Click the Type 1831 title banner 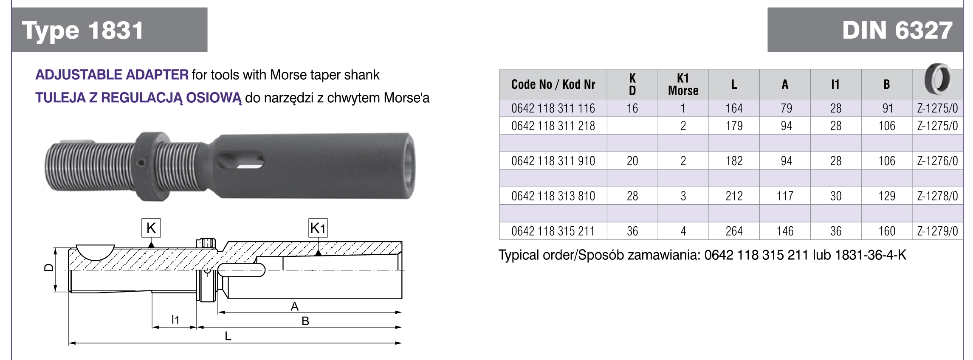(x=109, y=30)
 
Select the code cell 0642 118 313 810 (x=553, y=196)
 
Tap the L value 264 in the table (x=734, y=231)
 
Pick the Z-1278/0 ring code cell (x=937, y=196)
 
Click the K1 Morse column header (x=683, y=84)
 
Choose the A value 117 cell (x=785, y=196)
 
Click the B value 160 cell (x=886, y=231)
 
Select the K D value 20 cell (x=632, y=161)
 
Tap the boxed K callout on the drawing (x=151, y=228)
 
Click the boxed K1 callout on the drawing (x=318, y=228)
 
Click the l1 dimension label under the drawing (x=175, y=320)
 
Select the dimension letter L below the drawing (x=228, y=336)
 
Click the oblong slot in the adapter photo (x=240, y=161)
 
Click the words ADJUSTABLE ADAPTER (x=112, y=75)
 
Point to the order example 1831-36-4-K (x=870, y=255)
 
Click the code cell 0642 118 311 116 (x=553, y=109)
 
